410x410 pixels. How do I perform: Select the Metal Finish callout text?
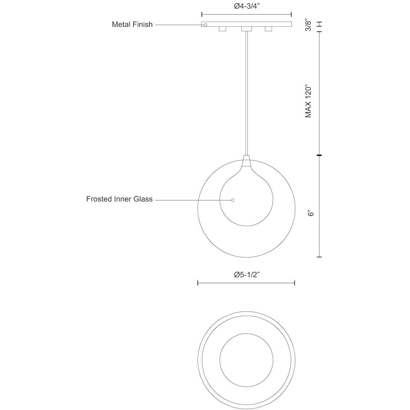pos(132,25)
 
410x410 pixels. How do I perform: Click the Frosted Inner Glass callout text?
pos(119,199)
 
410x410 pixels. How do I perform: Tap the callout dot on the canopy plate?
pos(205,25)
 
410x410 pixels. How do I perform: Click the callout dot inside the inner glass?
pos(233,200)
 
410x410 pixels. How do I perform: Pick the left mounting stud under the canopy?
pos(222,29)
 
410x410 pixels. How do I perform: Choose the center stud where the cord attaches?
pos(246,29)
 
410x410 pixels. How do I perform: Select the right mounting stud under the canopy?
pos(268,29)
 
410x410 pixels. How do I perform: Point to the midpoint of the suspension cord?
pos(246,93)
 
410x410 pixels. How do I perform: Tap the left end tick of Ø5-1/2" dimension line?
pos(198,283)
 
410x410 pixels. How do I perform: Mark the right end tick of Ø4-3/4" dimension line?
pos(291,14)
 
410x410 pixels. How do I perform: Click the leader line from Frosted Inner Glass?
pos(193,200)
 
